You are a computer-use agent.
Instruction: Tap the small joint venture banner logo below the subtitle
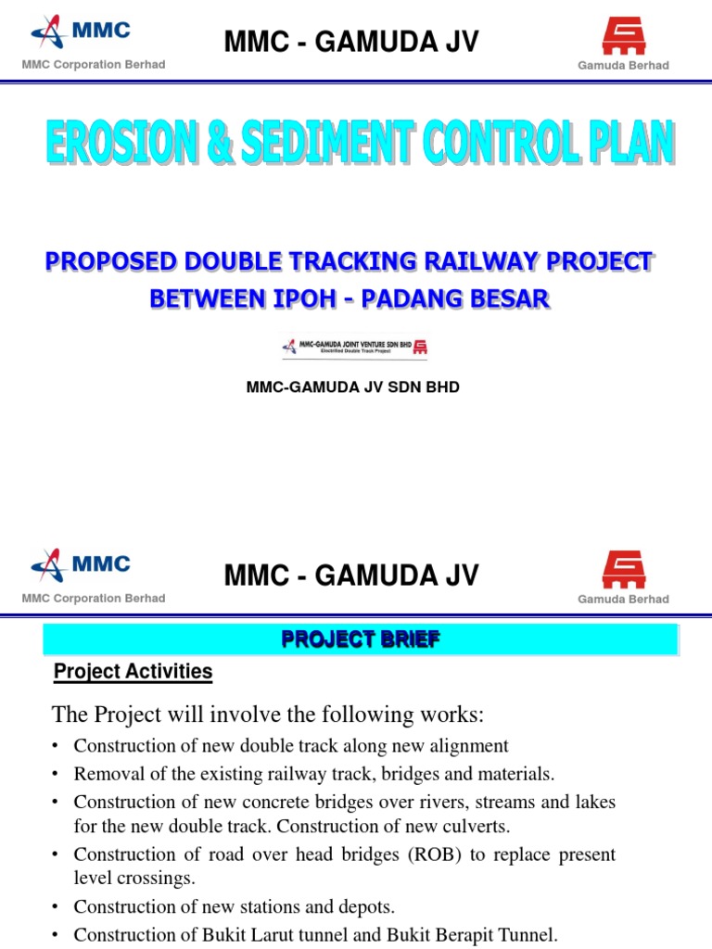click(x=355, y=348)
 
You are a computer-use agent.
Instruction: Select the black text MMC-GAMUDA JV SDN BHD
click(x=352, y=387)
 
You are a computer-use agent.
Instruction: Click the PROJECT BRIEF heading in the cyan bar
click(x=361, y=639)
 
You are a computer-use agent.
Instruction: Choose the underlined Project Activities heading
click(x=133, y=672)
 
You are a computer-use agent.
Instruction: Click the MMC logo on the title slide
click(x=81, y=32)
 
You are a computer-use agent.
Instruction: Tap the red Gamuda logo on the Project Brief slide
click(x=624, y=569)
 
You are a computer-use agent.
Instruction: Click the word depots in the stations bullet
click(x=371, y=907)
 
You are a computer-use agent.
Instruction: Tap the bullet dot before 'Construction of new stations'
click(x=56, y=907)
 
